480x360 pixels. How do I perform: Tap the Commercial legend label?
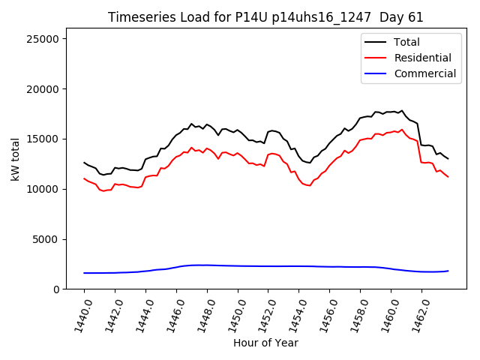click(x=425, y=73)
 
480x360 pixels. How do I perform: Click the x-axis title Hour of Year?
click(x=265, y=343)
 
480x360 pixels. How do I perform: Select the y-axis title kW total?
click(x=14, y=159)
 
